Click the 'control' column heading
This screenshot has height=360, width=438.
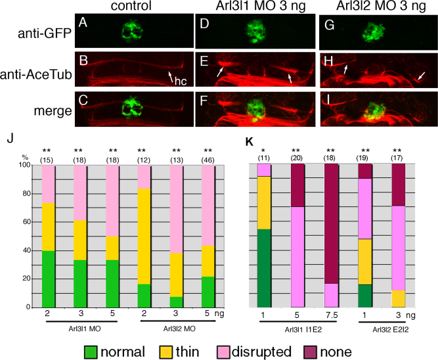[x=133, y=7]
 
